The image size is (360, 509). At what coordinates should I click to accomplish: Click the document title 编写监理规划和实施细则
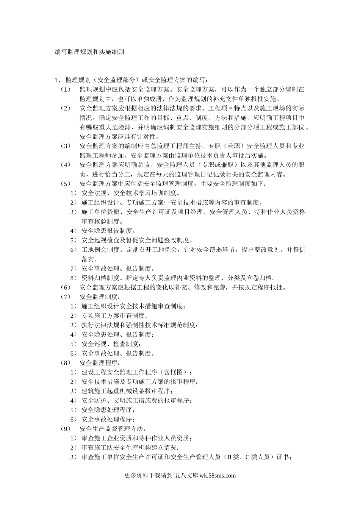click(x=89, y=52)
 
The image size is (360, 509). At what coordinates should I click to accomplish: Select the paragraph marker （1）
click(x=66, y=90)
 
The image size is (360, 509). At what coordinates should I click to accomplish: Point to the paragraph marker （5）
click(x=66, y=184)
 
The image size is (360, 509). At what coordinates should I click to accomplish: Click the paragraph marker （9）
click(x=66, y=429)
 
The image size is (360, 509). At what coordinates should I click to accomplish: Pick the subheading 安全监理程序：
click(x=100, y=363)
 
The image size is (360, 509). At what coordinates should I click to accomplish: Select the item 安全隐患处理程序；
click(x=108, y=410)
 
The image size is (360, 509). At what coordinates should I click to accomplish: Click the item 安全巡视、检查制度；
click(x=111, y=344)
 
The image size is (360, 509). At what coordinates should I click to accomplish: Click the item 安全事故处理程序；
click(x=108, y=420)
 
